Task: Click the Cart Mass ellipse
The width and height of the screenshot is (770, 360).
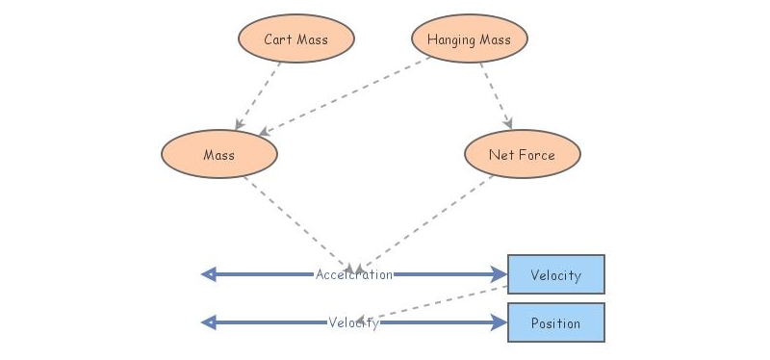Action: coord(296,39)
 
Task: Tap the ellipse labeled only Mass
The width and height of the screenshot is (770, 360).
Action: coord(219,155)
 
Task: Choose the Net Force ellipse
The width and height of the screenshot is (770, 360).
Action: coord(522,155)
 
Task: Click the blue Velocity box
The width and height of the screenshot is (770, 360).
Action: coord(555,274)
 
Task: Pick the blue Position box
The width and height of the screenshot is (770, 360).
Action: coord(555,323)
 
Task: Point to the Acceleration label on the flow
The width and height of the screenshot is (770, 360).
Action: coord(354,274)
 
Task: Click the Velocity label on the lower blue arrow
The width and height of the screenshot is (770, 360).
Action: coord(353,323)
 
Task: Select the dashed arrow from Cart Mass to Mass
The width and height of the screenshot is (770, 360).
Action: coord(258,97)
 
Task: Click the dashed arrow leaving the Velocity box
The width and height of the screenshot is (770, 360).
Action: coord(438,304)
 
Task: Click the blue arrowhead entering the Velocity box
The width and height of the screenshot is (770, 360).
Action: coord(500,274)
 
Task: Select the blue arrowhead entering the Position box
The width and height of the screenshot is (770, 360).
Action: coord(500,323)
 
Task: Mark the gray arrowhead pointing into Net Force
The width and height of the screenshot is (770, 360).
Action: coord(508,124)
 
